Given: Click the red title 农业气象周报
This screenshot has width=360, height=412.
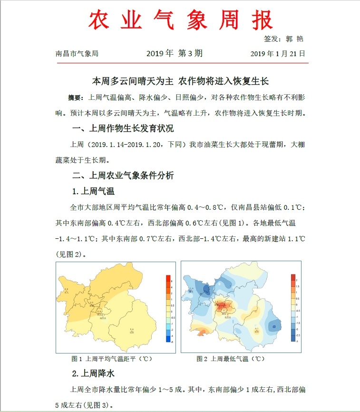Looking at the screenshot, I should (x=181, y=20).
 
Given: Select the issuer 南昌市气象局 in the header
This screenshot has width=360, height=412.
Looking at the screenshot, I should (x=77, y=54).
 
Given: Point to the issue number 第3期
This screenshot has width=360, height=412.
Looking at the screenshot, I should (x=190, y=53).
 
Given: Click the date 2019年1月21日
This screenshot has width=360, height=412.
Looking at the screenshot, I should (x=278, y=54).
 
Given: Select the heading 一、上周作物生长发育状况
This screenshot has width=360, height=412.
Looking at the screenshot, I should (x=123, y=128).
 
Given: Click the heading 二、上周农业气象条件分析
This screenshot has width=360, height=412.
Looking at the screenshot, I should (x=123, y=176).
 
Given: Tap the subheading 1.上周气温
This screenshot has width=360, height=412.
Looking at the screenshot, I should (x=93, y=191).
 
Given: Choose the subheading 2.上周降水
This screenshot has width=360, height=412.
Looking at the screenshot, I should (x=93, y=373).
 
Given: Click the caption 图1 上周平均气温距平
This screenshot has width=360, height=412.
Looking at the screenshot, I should (x=111, y=358).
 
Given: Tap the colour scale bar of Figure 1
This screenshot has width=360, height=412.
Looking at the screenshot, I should (x=168, y=308).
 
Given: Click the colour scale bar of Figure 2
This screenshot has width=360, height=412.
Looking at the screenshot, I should (x=293, y=308).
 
